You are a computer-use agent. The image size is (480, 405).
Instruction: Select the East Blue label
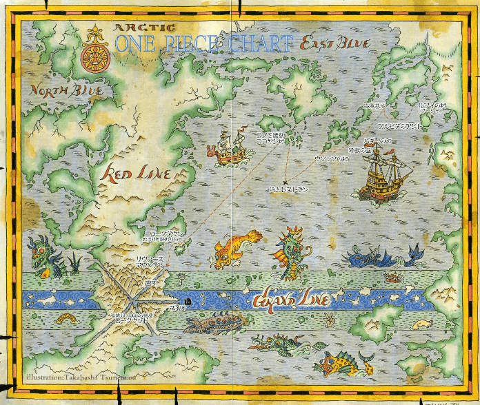pyautogui.click(x=335, y=44)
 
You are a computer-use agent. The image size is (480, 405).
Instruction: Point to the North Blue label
pyautogui.click(x=66, y=90)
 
